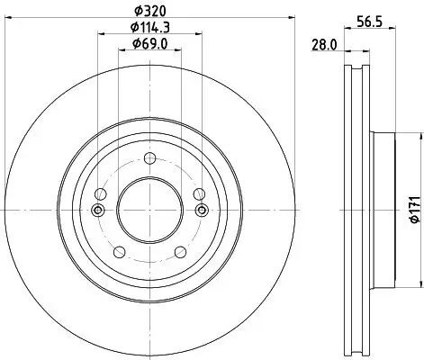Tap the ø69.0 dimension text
[x=149, y=43]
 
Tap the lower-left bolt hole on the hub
[x=119, y=252]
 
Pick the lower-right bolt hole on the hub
[x=180, y=252]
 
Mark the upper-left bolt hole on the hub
[x=101, y=194]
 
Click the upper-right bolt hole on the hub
[x=198, y=194]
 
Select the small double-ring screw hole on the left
[x=97, y=211]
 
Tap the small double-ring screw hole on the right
[x=201, y=211]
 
